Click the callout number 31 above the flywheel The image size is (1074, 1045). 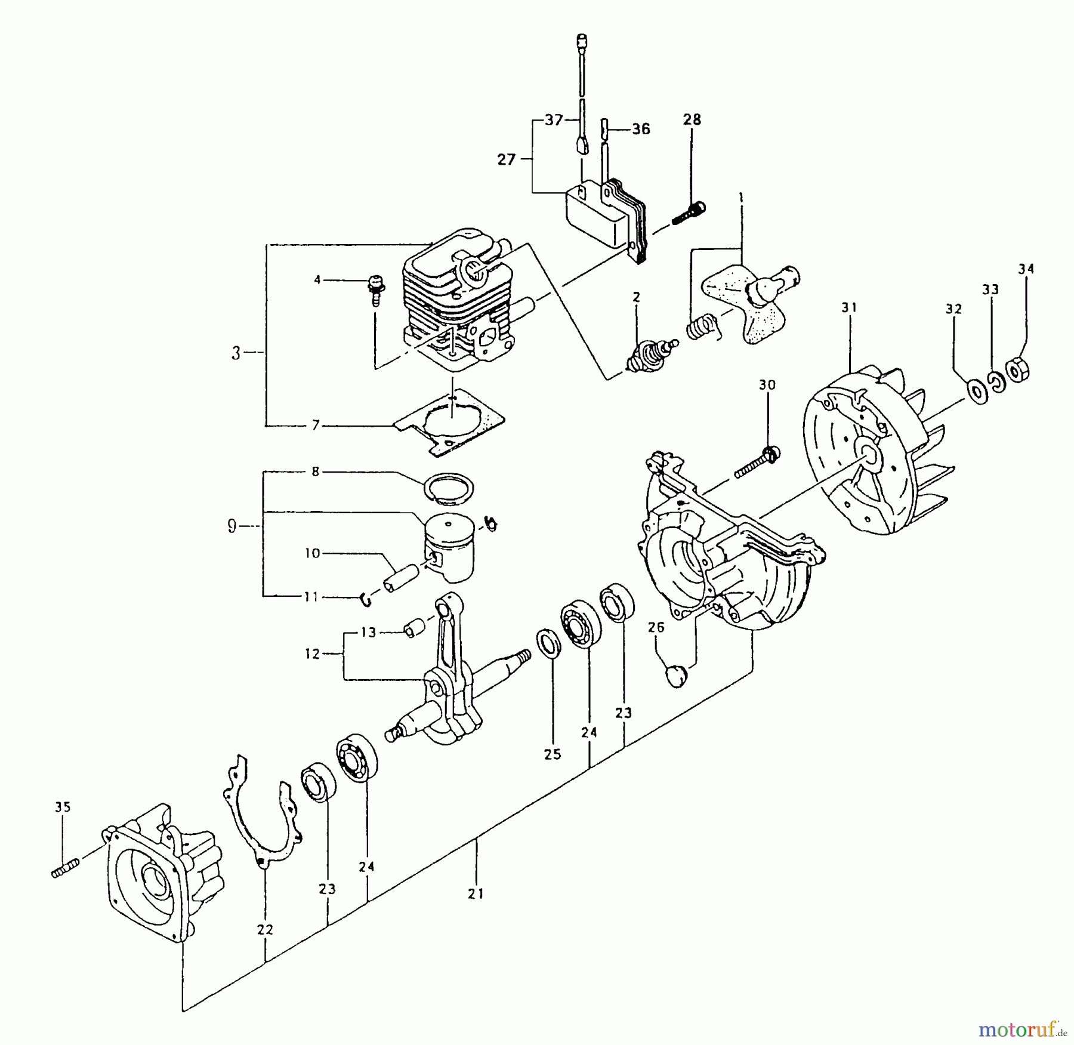coord(848,308)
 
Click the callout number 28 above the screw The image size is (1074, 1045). coord(692,119)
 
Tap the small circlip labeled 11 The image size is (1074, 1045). coord(366,599)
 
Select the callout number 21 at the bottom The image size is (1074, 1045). coord(476,893)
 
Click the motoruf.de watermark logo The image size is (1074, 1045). coord(1020,1029)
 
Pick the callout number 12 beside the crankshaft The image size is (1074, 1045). coord(313,653)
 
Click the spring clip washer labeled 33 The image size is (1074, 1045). coord(996,382)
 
